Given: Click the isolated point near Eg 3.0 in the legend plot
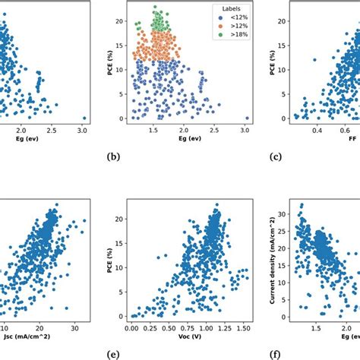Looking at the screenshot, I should [248, 118].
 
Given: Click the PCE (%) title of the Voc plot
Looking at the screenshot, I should [111, 260].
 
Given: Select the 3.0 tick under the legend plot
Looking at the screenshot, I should [245, 130].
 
